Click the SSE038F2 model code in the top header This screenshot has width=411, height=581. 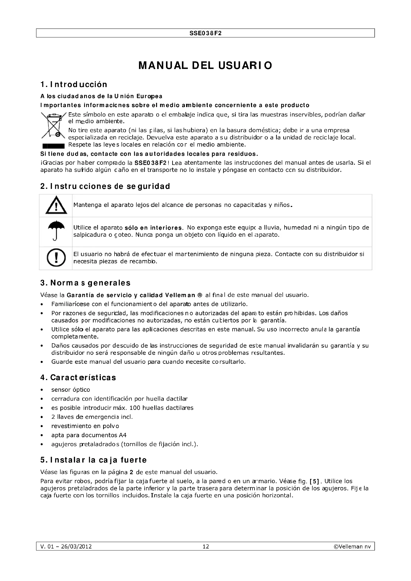[205, 33]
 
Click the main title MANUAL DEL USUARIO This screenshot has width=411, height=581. [205, 66]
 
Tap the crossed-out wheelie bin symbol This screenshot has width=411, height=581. [54, 125]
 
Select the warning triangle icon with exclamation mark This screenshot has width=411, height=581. [56, 205]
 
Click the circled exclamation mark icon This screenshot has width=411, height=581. [56, 258]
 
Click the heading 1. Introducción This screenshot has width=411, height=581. [74, 84]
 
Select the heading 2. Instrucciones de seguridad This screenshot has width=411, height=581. [105, 186]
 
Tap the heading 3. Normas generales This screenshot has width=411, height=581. [85, 283]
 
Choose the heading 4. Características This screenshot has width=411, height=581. [78, 378]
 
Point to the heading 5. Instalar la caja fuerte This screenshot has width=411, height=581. [93, 460]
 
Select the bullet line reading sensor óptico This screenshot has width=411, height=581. [71, 390]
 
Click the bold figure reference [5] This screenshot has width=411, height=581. [314, 481]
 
